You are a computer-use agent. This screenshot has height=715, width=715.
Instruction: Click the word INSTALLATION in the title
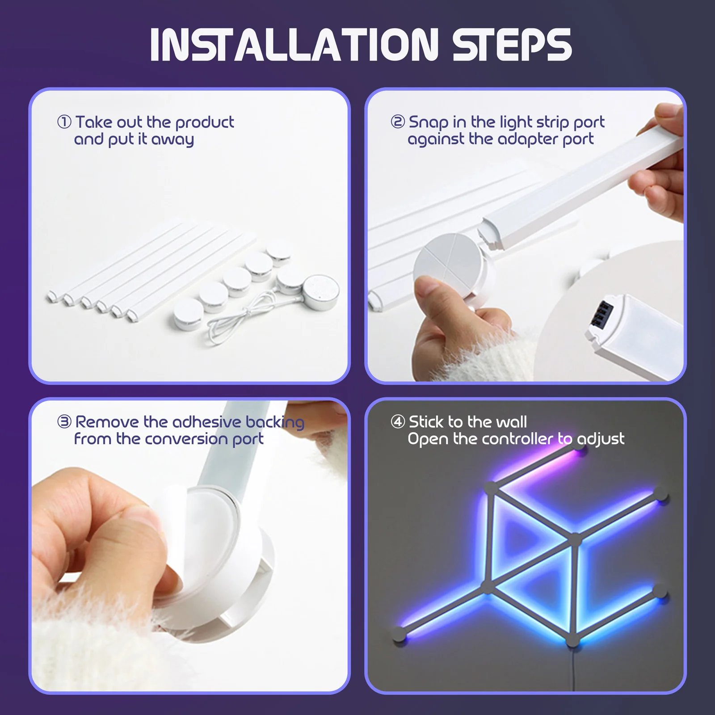tap(294, 45)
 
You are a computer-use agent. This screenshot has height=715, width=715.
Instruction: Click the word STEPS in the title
tap(512, 45)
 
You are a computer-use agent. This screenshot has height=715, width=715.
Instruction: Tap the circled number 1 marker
tap(64, 122)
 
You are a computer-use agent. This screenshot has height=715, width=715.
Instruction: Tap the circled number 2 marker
tap(398, 122)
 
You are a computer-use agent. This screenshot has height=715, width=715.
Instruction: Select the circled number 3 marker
tap(64, 421)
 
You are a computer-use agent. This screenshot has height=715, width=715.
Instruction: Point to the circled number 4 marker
tap(398, 421)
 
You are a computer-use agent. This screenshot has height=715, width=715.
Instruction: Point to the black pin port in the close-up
tap(604, 313)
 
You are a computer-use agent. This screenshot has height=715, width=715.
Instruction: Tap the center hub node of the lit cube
tap(575, 539)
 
